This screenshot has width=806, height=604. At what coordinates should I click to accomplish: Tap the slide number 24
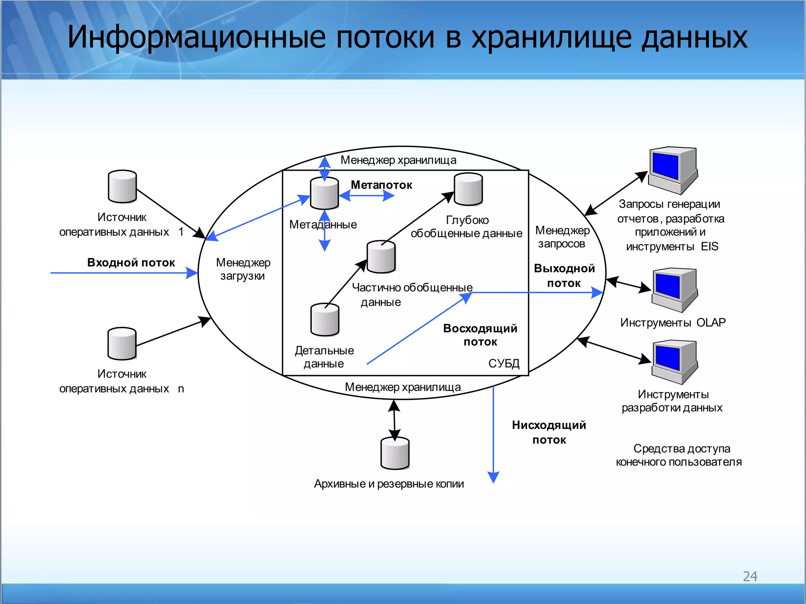point(750,576)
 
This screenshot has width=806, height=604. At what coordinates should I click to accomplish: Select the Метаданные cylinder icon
point(324,193)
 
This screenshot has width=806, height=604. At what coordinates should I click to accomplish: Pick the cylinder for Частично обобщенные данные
point(381,257)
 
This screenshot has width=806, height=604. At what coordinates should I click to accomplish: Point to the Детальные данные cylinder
point(325,320)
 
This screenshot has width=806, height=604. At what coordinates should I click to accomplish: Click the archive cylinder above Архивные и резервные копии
point(395,453)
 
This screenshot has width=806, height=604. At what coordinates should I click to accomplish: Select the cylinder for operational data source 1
point(122,186)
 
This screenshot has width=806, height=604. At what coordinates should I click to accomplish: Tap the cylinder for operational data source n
point(122,343)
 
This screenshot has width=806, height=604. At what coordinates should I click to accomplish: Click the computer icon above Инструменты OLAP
point(674,290)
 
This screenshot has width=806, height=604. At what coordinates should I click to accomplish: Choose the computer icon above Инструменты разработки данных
point(674,362)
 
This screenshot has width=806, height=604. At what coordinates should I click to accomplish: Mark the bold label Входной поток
point(131,262)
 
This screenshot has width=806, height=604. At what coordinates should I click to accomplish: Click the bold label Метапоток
point(381,185)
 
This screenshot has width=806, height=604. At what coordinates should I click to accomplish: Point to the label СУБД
point(504,363)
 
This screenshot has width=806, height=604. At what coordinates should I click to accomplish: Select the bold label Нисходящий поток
point(549,432)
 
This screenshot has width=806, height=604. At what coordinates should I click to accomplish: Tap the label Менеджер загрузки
point(243,269)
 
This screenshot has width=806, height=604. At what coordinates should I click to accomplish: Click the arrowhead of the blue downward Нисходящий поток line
point(493,477)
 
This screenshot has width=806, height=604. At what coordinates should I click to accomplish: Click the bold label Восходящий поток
point(480,335)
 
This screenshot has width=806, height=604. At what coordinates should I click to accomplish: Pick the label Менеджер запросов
point(562,237)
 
